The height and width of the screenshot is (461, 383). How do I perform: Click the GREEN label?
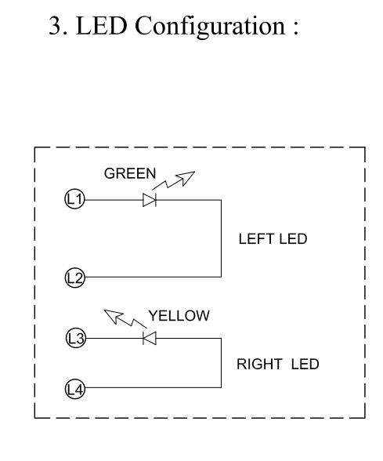pos(130,173)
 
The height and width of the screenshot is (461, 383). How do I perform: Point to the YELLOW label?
pos(179,316)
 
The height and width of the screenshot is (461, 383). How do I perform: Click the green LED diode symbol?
pos(150,200)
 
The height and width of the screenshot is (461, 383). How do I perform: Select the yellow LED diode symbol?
pos(150,338)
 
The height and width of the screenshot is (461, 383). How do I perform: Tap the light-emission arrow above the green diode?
pos(173,180)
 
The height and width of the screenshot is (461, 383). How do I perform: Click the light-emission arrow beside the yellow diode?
pos(125,318)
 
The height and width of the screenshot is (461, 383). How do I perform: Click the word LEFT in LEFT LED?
pos(256,238)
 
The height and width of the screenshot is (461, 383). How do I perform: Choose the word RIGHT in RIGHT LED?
pos(258,364)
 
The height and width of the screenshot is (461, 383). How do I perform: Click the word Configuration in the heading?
pos(210,27)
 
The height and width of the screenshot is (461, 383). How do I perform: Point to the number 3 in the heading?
pos(54,26)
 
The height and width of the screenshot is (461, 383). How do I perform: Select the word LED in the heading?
pos(101,26)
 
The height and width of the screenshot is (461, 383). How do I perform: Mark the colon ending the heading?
pos(295,29)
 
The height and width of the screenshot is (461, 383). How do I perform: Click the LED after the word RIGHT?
pos(305,364)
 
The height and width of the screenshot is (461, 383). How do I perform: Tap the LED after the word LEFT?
pos(293,238)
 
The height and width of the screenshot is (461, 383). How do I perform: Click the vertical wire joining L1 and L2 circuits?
pos(221,238)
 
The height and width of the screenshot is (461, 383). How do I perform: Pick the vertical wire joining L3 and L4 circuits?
pos(221,363)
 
